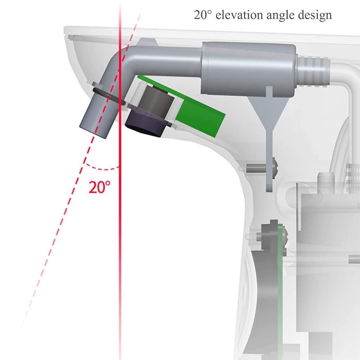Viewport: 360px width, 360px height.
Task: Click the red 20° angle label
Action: tap(99, 187)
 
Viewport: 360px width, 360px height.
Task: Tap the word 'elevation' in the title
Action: tap(239, 15)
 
